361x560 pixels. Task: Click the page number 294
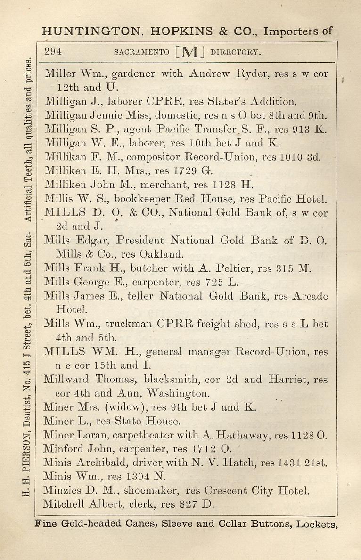(x=53, y=52)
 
